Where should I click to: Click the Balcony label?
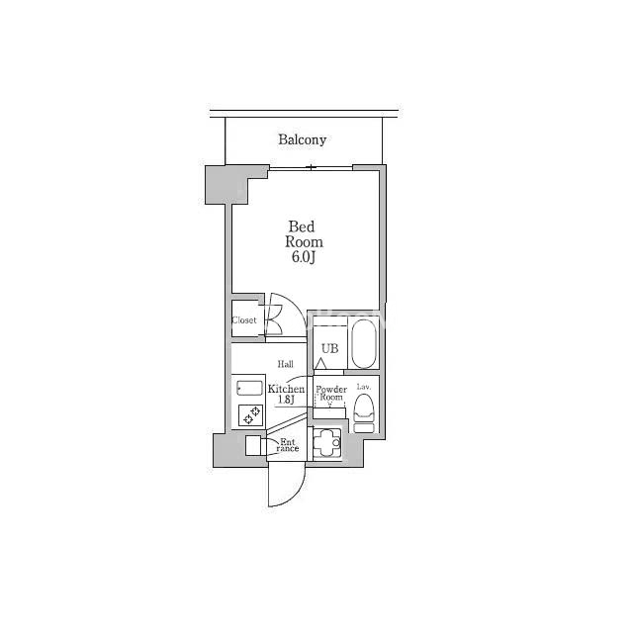pyautogui.click(x=302, y=139)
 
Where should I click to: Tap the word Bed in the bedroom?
pyautogui.click(x=301, y=226)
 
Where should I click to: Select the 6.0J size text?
pyautogui.click(x=303, y=257)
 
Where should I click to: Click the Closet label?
pyautogui.click(x=244, y=320)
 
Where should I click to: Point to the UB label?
pyautogui.click(x=329, y=348)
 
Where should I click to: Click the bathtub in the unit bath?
pyautogui.click(x=364, y=343)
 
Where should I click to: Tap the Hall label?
pyautogui.click(x=286, y=364)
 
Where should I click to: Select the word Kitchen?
pyautogui.click(x=286, y=389)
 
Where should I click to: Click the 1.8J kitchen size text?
pyautogui.click(x=286, y=400)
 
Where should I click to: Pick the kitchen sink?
pyautogui.click(x=250, y=389)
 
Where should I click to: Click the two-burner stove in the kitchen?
pyautogui.click(x=250, y=415)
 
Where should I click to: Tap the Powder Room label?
pyautogui.click(x=331, y=394)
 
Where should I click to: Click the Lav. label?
pyautogui.click(x=364, y=387)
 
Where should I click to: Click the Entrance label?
pyautogui.click(x=288, y=445)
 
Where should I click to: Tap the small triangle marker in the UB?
pyautogui.click(x=320, y=364)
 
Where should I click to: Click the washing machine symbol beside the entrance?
pyautogui.click(x=326, y=443)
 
